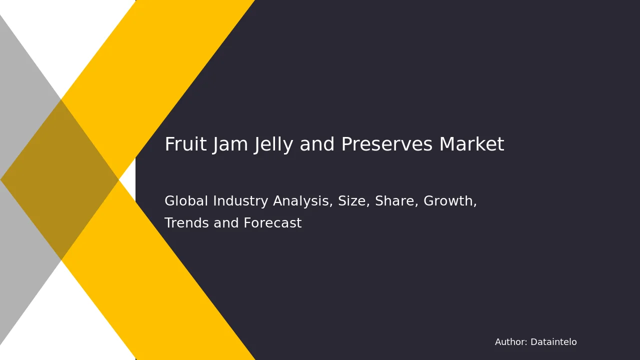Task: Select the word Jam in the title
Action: tap(230, 144)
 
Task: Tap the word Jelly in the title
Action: tap(273, 144)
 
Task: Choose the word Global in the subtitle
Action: tap(186, 200)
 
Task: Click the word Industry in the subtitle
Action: tap(240, 201)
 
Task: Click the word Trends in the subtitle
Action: tap(187, 223)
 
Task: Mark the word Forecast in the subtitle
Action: tap(272, 223)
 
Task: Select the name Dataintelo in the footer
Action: tap(553, 342)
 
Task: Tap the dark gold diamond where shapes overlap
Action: tap(59, 180)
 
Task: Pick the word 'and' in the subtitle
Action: tap(226, 223)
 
